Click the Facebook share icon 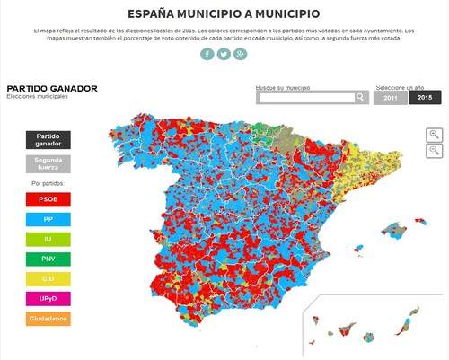pyautogui.click(x=207, y=54)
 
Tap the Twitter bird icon pyautogui.click(x=224, y=54)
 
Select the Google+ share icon pyautogui.click(x=240, y=54)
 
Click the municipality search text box pyautogui.click(x=305, y=97)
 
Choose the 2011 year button pyautogui.click(x=390, y=97)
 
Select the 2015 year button pyautogui.click(x=424, y=97)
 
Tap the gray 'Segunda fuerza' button pyautogui.click(x=48, y=163)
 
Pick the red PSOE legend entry pyautogui.click(x=48, y=199)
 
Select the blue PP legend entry pyautogui.click(x=48, y=219)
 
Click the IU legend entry pyautogui.click(x=48, y=239)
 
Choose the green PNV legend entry pyautogui.click(x=48, y=259)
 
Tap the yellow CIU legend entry pyautogui.click(x=48, y=278)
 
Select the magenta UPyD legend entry pyautogui.click(x=48, y=298)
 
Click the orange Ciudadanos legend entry pyautogui.click(x=48, y=318)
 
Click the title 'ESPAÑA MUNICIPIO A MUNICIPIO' pyautogui.click(x=223, y=14)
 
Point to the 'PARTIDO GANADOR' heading pyautogui.click(x=52, y=88)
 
